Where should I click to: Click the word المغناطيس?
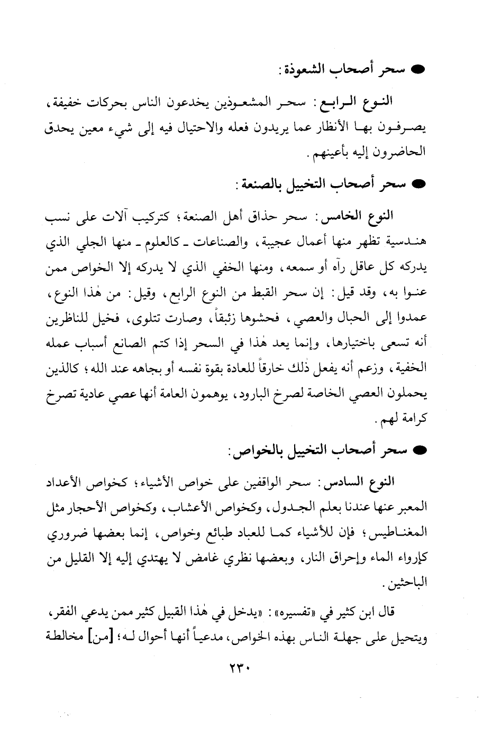pos(401,536)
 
